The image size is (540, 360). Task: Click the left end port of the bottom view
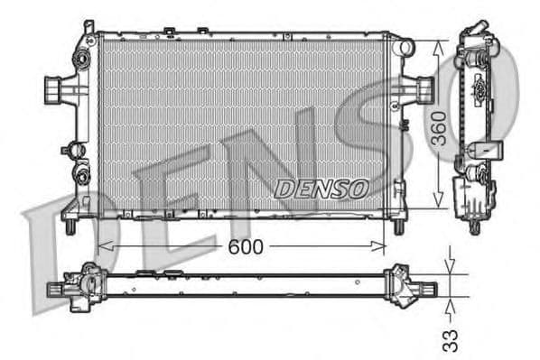tap(56, 290)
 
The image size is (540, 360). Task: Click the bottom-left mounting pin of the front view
tap(69, 228)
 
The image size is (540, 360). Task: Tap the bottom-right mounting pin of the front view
tap(398, 226)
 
